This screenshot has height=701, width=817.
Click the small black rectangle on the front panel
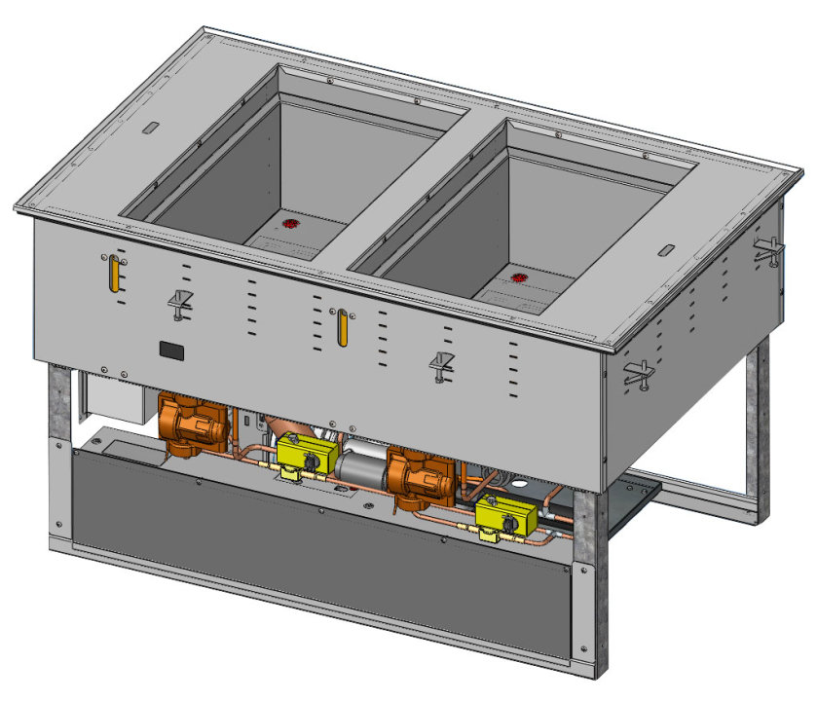point(173,348)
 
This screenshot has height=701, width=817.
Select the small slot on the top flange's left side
point(149,128)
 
